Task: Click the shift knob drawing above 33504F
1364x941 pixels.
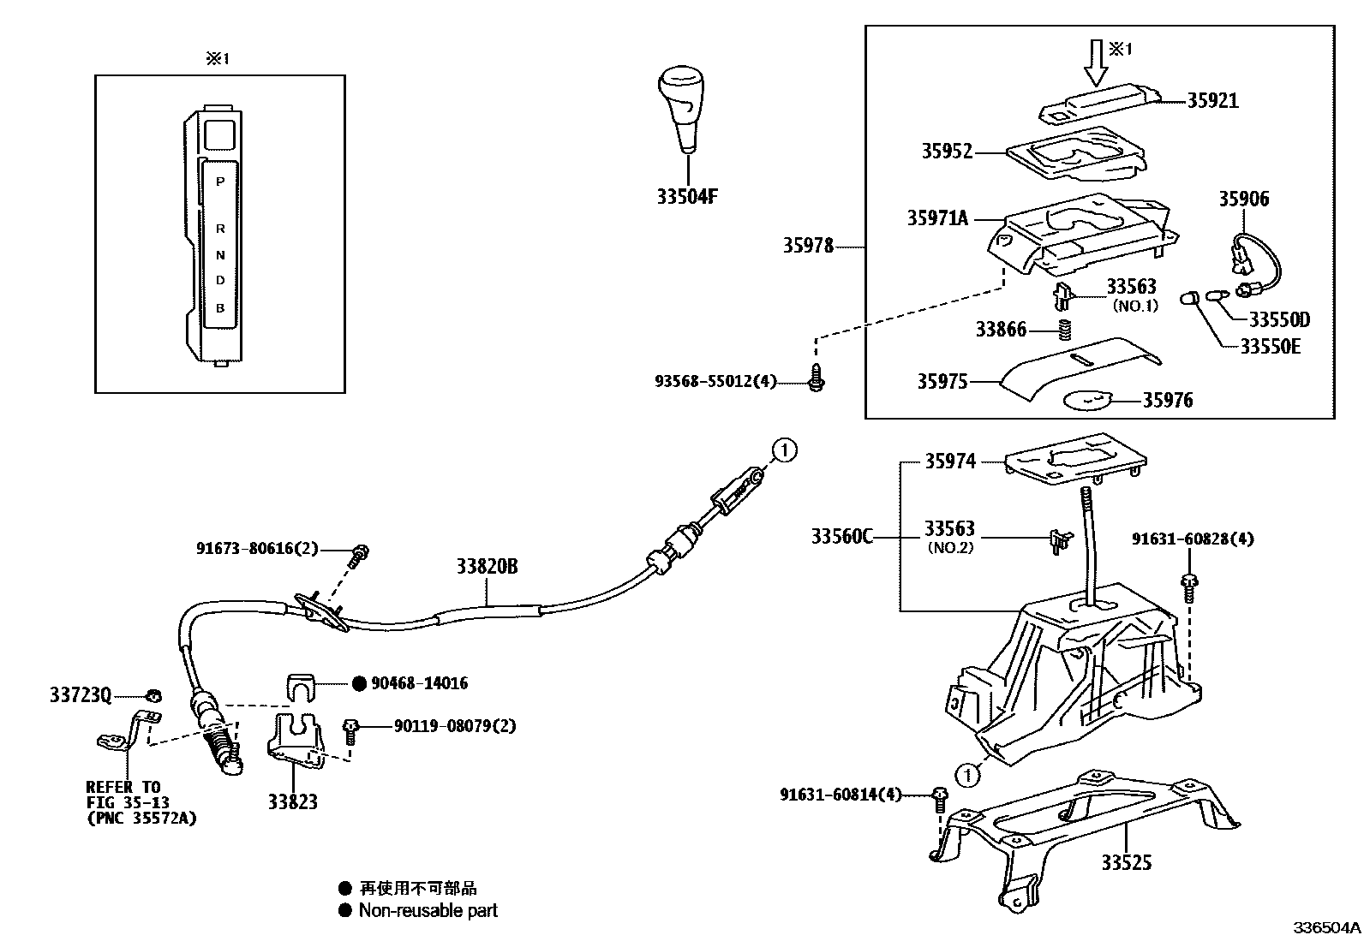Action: (x=685, y=107)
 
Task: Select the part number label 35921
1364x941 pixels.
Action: (x=1211, y=101)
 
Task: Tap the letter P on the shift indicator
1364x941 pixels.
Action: (x=220, y=182)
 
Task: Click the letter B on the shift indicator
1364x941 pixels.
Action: (x=220, y=307)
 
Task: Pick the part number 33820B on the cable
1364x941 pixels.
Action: (x=487, y=567)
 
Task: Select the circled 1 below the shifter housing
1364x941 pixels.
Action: (x=967, y=776)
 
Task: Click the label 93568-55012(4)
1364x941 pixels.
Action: (x=715, y=382)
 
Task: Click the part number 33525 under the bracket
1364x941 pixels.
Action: (x=1127, y=862)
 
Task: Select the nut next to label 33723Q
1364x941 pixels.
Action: (x=153, y=695)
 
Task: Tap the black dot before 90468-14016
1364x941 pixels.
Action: (x=360, y=683)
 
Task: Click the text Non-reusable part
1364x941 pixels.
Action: (x=428, y=911)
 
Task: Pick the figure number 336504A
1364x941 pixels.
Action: (x=1327, y=928)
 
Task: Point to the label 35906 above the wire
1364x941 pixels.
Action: (x=1244, y=200)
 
